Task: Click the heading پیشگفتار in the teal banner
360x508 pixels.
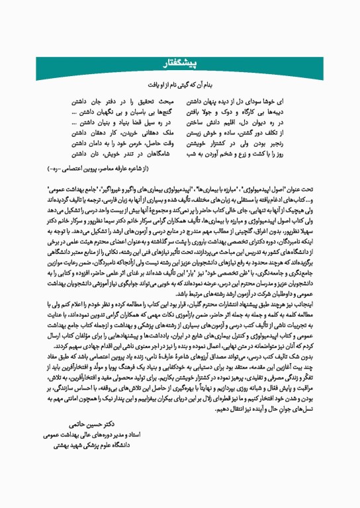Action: point(179,62)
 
